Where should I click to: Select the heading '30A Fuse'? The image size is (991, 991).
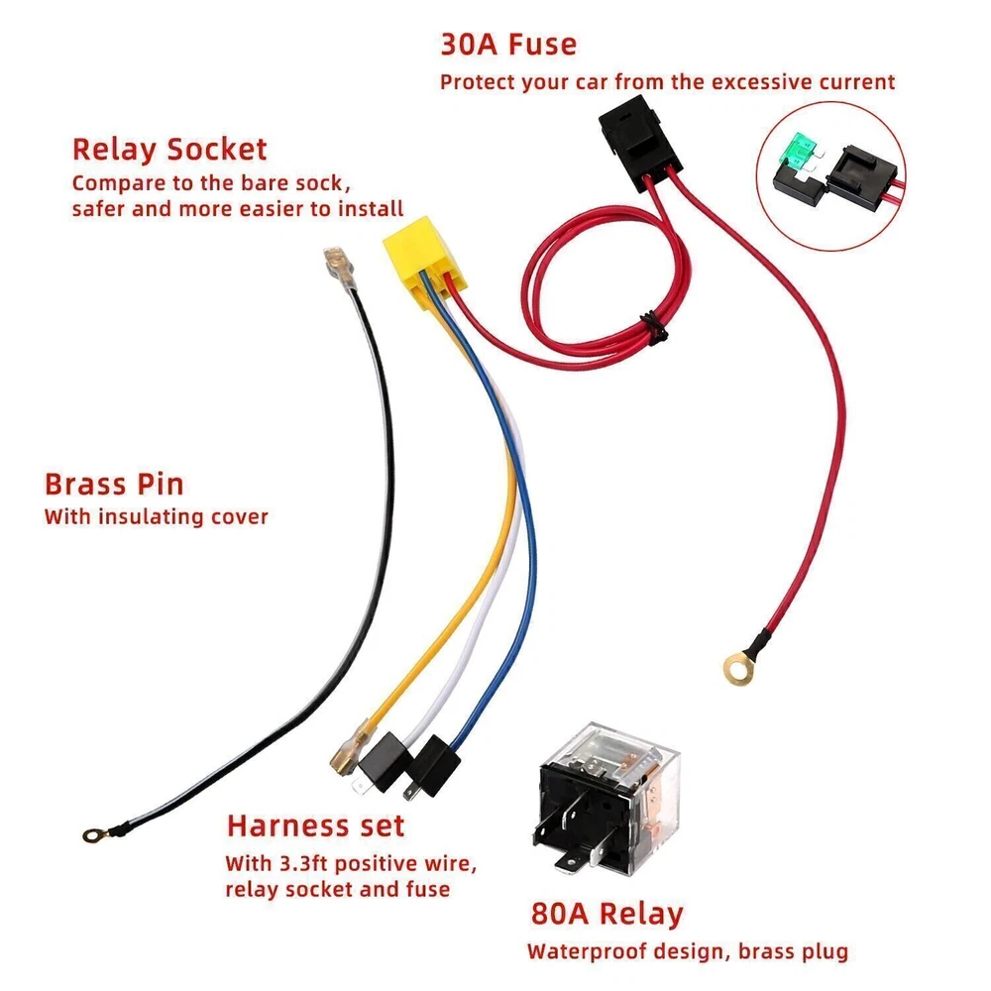click(507, 45)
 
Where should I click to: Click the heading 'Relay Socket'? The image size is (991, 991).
click(169, 150)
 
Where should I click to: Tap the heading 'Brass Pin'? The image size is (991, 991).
click(114, 485)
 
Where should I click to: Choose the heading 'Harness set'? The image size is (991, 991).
click(315, 826)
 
